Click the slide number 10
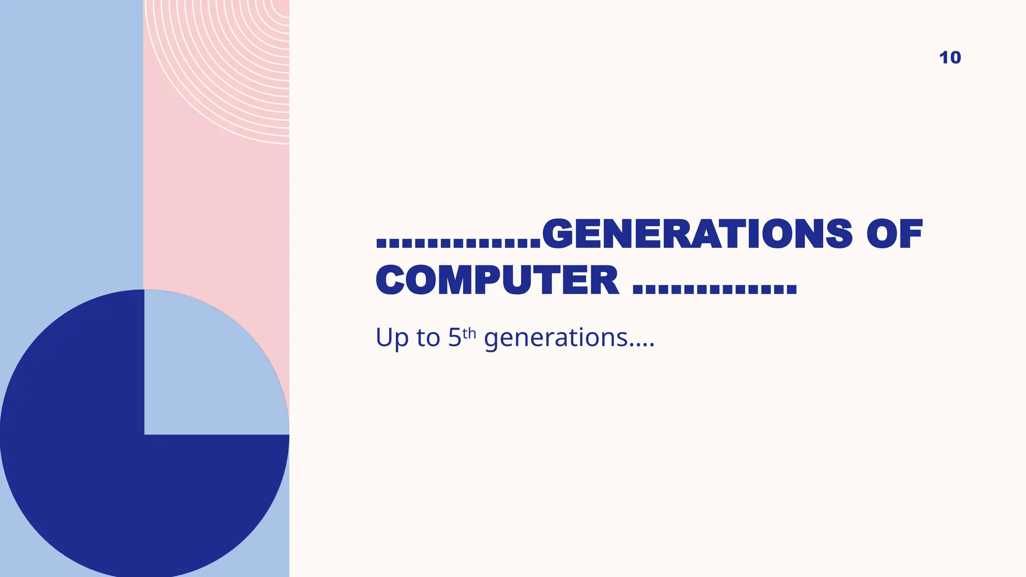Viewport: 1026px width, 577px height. point(950,58)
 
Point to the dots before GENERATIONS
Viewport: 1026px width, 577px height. point(458,242)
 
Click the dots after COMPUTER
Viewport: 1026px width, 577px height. point(714,288)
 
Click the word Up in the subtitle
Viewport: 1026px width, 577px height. point(392,338)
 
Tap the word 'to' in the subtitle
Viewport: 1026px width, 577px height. point(428,338)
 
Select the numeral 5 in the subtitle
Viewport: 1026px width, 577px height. point(454,338)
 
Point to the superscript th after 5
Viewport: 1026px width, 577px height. point(469,333)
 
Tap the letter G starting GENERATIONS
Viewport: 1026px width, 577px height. point(558,234)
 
